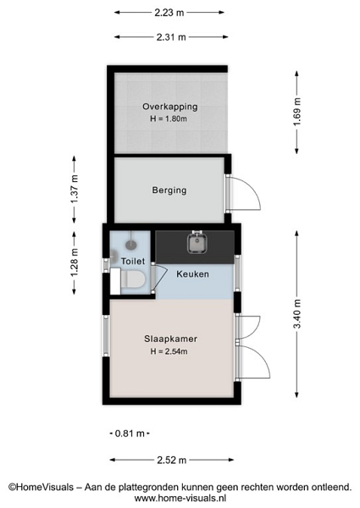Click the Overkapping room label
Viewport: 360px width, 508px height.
(170, 107)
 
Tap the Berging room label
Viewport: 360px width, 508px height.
(169, 190)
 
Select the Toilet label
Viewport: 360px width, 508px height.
(133, 261)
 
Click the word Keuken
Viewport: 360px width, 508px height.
(192, 274)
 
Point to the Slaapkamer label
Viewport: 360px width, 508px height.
(171, 339)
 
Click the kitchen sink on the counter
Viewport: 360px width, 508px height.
(197, 243)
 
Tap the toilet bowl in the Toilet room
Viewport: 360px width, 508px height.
(133, 279)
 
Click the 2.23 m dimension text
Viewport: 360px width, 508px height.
(169, 13)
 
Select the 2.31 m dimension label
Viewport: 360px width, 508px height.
(171, 37)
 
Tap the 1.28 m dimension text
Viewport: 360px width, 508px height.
(75, 262)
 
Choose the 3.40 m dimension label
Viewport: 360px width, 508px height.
(296, 314)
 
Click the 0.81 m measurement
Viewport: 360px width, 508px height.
(130, 433)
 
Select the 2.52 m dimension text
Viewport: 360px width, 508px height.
(172, 460)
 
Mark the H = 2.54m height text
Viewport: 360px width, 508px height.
(169, 351)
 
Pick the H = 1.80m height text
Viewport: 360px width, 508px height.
(169, 119)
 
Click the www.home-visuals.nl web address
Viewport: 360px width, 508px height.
(180, 498)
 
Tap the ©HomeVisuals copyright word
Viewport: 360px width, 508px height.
(42, 488)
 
